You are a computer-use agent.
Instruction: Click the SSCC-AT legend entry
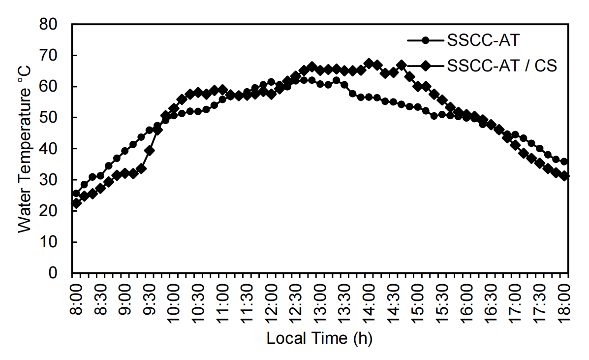click(x=482, y=40)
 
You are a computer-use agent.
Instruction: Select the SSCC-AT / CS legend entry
click(x=502, y=65)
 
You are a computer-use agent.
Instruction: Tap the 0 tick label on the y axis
click(x=62, y=273)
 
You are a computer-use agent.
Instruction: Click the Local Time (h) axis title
click(x=319, y=339)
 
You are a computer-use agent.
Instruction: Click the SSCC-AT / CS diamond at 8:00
click(x=76, y=203)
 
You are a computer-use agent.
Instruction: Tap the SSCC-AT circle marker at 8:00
click(x=76, y=194)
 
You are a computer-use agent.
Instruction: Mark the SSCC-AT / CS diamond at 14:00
click(x=369, y=63)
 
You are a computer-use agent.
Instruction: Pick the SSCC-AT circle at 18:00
click(x=564, y=162)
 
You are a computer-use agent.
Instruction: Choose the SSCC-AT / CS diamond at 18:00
click(x=564, y=175)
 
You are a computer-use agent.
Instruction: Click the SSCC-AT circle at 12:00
click(x=271, y=82)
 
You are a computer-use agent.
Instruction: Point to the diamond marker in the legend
click(x=426, y=65)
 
